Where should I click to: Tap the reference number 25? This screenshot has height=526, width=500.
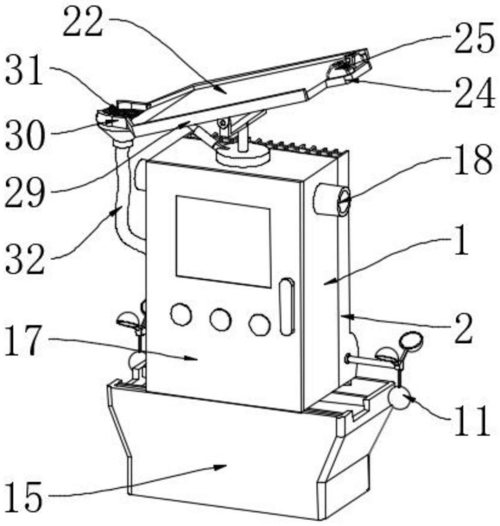pyautogui.click(x=474, y=37)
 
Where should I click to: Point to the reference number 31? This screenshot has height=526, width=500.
pyautogui.click(x=25, y=71)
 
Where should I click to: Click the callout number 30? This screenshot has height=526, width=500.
pyautogui.click(x=25, y=135)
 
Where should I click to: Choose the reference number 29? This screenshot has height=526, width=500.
pyautogui.click(x=25, y=192)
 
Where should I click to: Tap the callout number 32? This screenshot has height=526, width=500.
pyautogui.click(x=25, y=259)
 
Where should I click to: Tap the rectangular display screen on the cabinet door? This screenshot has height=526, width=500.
pyautogui.click(x=223, y=241)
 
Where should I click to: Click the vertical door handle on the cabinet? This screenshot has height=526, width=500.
pyautogui.click(x=287, y=306)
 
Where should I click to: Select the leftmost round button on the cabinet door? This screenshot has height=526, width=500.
pyautogui.click(x=181, y=314)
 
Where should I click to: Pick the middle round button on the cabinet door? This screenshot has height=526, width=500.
pyautogui.click(x=221, y=319)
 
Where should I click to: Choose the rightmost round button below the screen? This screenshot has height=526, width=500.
pyautogui.click(x=259, y=325)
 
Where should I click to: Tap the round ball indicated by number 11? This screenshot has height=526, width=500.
pyautogui.click(x=399, y=398)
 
